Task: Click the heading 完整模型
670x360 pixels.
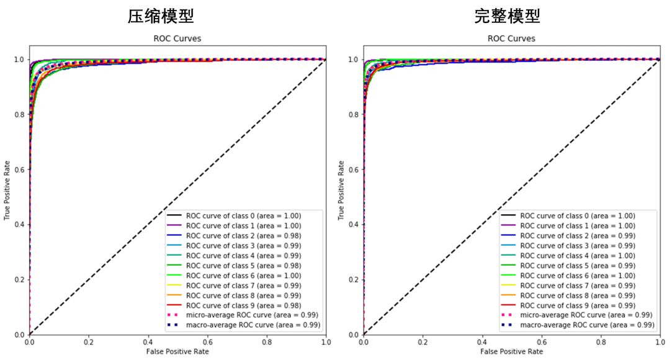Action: click(507, 16)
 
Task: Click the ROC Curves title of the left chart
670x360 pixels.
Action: click(177, 38)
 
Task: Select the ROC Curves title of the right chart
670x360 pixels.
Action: click(511, 38)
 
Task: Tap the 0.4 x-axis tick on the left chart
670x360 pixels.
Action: click(148, 342)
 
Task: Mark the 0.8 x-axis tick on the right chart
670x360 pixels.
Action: click(601, 342)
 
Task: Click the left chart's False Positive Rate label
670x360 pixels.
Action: click(177, 352)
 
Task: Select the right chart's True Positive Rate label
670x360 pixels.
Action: click(341, 190)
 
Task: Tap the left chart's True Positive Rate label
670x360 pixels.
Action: click(7, 190)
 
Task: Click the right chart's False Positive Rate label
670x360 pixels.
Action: click(511, 352)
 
